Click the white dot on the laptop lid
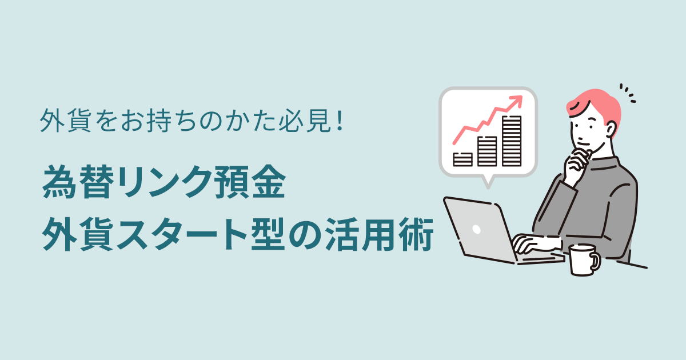[477, 229]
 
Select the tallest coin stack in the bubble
[512, 141]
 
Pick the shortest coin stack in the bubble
[462, 159]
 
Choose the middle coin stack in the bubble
[487, 151]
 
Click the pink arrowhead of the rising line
[516, 102]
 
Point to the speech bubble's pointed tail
[488, 182]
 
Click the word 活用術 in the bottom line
[379, 234]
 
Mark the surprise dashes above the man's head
[628, 93]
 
